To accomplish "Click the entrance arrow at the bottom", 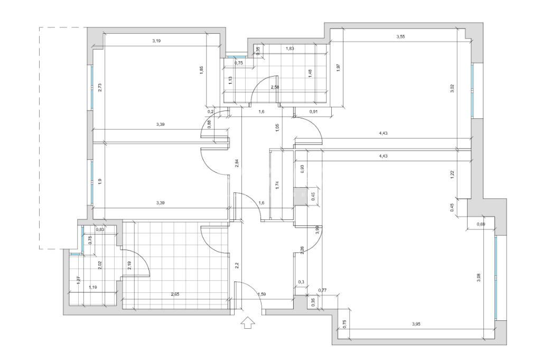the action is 247,322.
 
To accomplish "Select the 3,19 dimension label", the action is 156,41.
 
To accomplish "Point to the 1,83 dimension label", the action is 290,49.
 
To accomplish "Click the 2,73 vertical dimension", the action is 100,88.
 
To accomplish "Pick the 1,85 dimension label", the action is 201,70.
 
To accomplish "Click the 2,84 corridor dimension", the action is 237,164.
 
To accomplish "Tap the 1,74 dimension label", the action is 277,184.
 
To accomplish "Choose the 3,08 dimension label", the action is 479,276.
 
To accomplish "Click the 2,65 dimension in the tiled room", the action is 175,294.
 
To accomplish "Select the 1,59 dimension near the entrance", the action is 262,294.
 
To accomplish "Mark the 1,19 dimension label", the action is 93,287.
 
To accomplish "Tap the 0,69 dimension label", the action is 481,225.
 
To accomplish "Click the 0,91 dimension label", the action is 313,112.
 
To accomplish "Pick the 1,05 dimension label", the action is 277,127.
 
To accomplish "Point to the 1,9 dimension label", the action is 100,181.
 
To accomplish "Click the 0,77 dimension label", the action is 322,290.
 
